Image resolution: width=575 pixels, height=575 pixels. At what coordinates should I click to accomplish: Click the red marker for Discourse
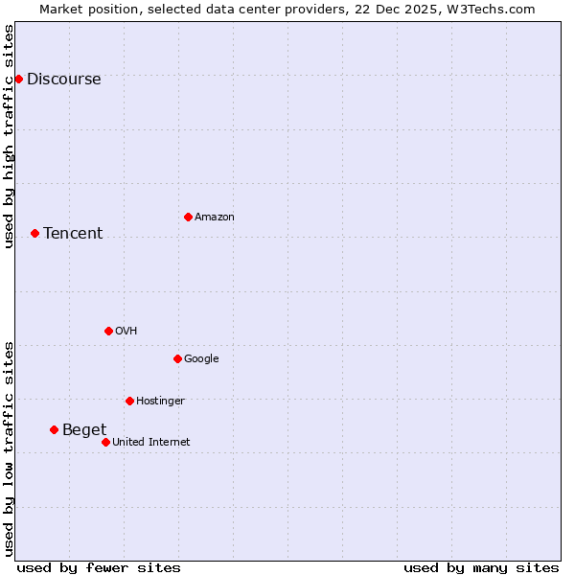click(x=18, y=79)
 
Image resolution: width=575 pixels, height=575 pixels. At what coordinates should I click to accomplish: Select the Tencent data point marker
click(x=34, y=233)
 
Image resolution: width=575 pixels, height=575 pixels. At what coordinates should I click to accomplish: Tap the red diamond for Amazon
click(x=188, y=217)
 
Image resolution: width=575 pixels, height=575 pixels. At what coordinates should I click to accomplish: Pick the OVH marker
click(x=108, y=331)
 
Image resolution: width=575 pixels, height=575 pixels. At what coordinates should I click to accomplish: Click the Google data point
click(x=177, y=358)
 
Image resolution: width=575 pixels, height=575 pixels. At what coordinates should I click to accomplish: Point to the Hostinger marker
click(x=129, y=401)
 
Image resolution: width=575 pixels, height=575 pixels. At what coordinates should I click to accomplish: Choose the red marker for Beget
click(x=54, y=429)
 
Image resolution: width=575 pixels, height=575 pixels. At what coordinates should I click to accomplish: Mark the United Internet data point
click(x=105, y=442)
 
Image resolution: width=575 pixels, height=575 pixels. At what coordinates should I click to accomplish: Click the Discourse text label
click(x=63, y=80)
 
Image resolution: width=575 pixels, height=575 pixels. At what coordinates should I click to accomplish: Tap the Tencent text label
click(x=73, y=234)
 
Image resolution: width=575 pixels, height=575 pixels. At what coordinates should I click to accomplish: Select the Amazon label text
click(x=215, y=218)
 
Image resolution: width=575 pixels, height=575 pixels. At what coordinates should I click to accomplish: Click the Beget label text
click(x=84, y=430)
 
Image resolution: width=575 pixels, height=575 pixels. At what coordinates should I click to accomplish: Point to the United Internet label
click(x=151, y=443)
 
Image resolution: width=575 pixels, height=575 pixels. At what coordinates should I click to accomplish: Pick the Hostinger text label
click(x=160, y=402)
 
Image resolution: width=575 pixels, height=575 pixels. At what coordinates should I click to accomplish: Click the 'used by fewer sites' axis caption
click(x=99, y=567)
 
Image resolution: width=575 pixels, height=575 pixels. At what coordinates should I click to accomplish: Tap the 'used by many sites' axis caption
click(x=481, y=567)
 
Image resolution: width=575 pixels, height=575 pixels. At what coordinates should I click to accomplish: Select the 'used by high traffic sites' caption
click(x=10, y=136)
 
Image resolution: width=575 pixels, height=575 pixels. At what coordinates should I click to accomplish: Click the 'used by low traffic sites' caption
click(x=10, y=448)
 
